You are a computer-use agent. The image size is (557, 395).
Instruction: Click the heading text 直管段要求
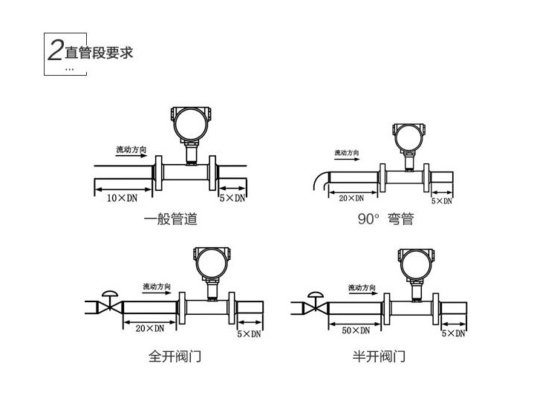click(x=100, y=53)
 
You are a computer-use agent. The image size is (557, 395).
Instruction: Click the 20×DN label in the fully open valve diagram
click(x=149, y=328)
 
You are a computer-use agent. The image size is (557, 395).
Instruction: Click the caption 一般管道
click(x=171, y=220)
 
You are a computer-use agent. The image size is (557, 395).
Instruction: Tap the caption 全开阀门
click(x=175, y=357)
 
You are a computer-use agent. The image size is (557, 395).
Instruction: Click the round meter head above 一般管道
click(x=190, y=122)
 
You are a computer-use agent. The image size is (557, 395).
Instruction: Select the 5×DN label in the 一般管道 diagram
click(x=232, y=198)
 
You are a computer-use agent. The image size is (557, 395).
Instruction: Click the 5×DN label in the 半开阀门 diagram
click(x=453, y=334)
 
